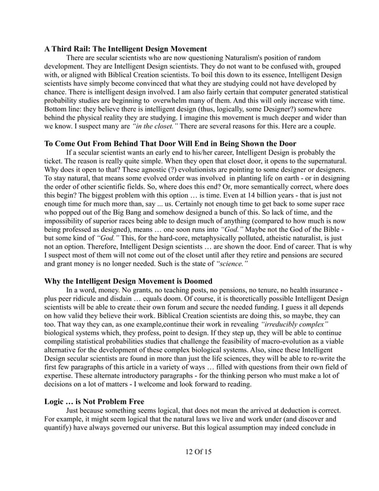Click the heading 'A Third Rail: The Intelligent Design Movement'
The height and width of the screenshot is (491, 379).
pyautogui.click(x=125, y=48)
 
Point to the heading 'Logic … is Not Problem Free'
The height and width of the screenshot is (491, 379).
pyautogui.click(x=94, y=401)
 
